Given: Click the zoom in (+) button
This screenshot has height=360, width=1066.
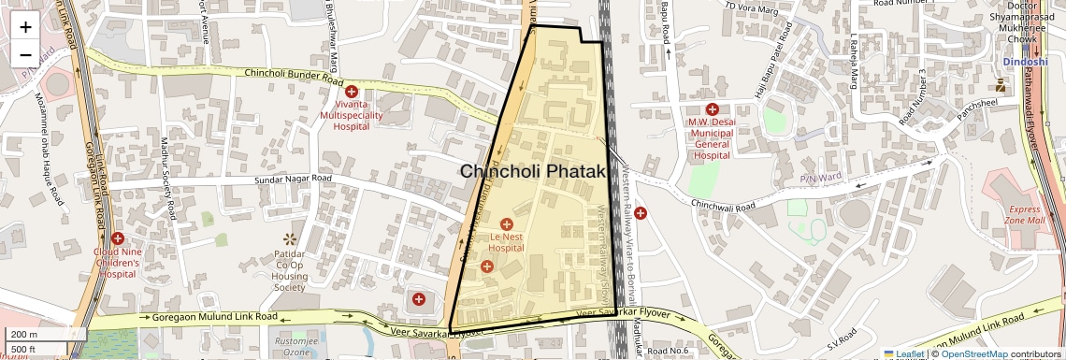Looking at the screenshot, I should coord(25,26).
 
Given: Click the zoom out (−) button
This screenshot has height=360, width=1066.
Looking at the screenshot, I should coord(25,54).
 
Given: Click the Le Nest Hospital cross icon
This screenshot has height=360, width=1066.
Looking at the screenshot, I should coord(507,224).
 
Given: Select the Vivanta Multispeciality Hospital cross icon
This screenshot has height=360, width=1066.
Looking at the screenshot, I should coord(352,92).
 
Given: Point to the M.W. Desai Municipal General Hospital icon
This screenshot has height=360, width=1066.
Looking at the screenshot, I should coord(711,109).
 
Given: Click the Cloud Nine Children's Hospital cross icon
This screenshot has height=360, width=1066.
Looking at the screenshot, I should coord(117,239).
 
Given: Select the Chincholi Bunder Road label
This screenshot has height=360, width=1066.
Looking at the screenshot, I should coord(290,74).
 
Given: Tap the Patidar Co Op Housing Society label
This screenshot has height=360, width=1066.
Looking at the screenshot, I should coord(289,271).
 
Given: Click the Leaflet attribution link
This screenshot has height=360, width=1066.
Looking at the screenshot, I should coord(904,354).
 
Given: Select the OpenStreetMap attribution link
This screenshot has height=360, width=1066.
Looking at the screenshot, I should coord(973,354).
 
